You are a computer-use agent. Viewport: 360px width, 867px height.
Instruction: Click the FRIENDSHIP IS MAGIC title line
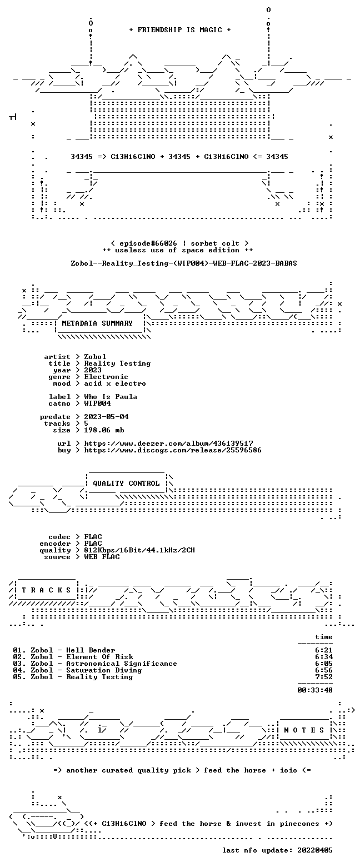coord(180,30)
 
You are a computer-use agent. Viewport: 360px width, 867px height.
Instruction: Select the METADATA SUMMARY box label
coord(97,323)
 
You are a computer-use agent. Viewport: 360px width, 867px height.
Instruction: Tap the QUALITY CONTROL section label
coord(126,484)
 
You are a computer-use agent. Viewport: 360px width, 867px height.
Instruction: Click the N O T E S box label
coord(304,730)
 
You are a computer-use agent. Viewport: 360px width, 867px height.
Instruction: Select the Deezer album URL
coord(169,444)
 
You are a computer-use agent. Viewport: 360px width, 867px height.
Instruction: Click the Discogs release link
coord(173,450)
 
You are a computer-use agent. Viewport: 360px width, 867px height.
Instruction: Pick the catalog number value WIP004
coord(98,403)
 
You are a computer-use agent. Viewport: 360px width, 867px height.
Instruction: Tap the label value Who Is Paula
coord(111,397)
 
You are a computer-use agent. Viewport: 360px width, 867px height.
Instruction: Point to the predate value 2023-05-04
coord(107,417)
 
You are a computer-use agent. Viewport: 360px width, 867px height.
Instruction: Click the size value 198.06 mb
coord(104,430)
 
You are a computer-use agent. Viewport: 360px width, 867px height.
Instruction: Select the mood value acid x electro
coord(115,383)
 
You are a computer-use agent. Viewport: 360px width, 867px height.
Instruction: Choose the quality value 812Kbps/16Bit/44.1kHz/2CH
coord(139,550)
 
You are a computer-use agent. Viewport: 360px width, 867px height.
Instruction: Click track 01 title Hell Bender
coord(91,650)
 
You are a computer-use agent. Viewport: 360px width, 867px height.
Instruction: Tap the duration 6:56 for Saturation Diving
coord(324,670)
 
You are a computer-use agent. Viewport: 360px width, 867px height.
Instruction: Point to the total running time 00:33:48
coord(314,690)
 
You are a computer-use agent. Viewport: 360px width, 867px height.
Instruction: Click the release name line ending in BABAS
coord(184,263)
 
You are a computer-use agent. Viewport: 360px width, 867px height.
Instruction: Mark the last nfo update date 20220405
coord(314,850)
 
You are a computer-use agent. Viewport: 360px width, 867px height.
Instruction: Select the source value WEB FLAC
coord(102,557)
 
